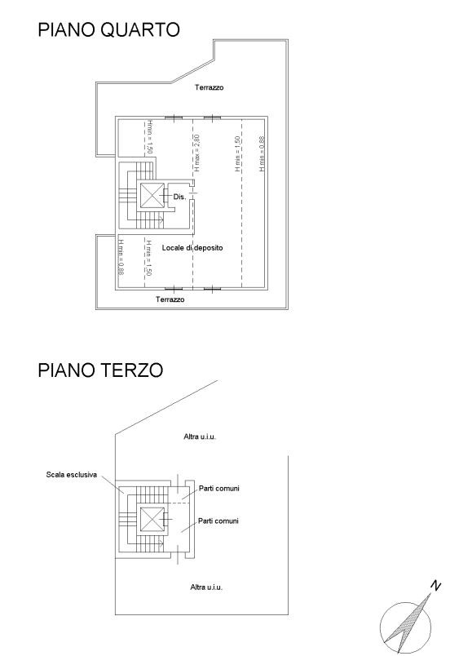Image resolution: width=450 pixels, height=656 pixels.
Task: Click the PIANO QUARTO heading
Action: pyautogui.click(x=108, y=29)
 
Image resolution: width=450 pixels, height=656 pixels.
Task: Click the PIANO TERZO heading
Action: pyautogui.click(x=100, y=370)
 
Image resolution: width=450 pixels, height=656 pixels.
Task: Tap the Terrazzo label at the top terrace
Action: pyautogui.click(x=209, y=87)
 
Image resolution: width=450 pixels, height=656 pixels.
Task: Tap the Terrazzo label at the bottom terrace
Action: pyautogui.click(x=170, y=299)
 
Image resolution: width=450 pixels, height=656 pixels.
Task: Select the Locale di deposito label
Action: pyautogui.click(x=192, y=248)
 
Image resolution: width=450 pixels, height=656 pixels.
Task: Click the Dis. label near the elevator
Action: pyautogui.click(x=179, y=197)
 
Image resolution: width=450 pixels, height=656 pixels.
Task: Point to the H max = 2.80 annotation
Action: pyautogui.click(x=197, y=153)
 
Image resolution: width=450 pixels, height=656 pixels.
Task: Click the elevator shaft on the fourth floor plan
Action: pyautogui.click(x=152, y=195)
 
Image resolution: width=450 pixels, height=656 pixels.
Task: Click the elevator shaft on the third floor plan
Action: pyautogui.click(x=152, y=519)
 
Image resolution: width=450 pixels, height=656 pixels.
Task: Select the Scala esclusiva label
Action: pyautogui.click(x=72, y=475)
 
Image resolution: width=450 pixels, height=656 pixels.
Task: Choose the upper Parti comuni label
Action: pyautogui.click(x=219, y=488)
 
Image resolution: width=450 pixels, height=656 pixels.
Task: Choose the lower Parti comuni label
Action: pyautogui.click(x=218, y=521)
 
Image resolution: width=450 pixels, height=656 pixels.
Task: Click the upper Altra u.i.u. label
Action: pyautogui.click(x=200, y=437)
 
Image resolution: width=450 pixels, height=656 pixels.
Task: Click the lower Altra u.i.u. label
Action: pyautogui.click(x=206, y=587)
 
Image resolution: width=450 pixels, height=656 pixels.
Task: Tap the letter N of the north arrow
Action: pyautogui.click(x=435, y=585)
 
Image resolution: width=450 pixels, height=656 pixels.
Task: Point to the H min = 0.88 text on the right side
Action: pyautogui.click(x=262, y=153)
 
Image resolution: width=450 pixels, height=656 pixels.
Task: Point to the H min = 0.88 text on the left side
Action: pyautogui.click(x=121, y=257)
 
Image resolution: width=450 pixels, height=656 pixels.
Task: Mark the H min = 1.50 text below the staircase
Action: pyautogui.click(x=148, y=258)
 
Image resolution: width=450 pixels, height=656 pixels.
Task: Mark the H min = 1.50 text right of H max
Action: pyautogui.click(x=237, y=153)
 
